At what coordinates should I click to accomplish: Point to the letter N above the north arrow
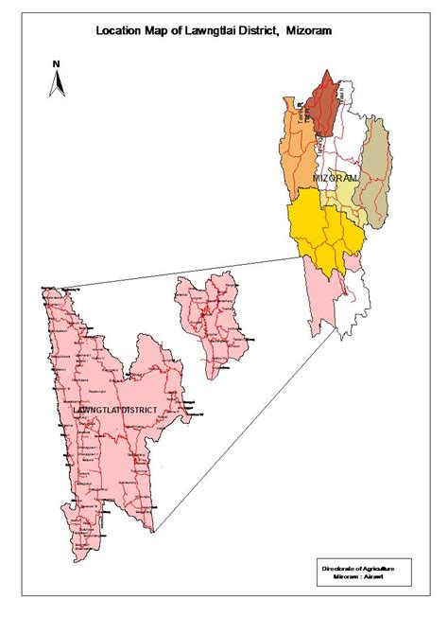coord(57,63)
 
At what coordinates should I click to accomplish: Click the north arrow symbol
coord(57,83)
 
